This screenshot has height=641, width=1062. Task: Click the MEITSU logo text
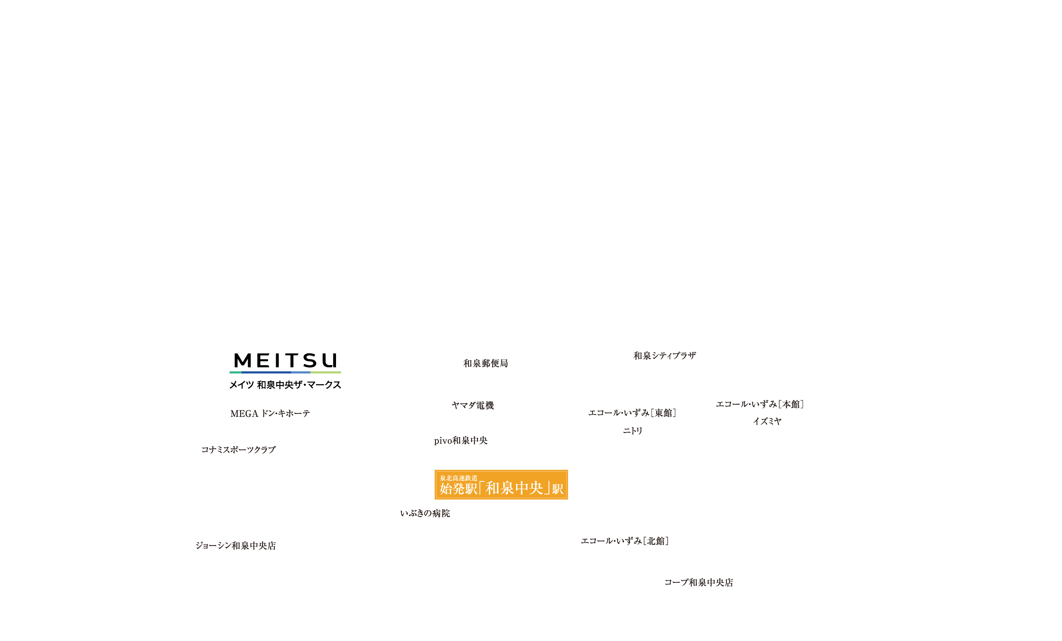pyautogui.click(x=285, y=360)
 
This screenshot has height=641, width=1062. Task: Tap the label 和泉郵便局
pyautogui.click(x=486, y=363)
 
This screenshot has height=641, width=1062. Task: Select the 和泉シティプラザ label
pyautogui.click(x=665, y=355)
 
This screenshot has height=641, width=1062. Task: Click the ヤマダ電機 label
pyautogui.click(x=472, y=405)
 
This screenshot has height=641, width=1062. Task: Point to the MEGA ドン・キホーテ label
pyautogui.click(x=270, y=413)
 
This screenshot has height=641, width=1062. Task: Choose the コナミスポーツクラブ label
pyautogui.click(x=238, y=450)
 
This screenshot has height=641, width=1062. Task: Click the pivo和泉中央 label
pyautogui.click(x=461, y=440)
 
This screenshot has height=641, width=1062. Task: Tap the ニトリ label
pyautogui.click(x=632, y=431)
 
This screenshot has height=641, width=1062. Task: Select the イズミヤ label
pyautogui.click(x=767, y=421)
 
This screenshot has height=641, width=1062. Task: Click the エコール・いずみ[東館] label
pyautogui.click(x=632, y=413)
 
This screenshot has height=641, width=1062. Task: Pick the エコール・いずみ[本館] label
pyautogui.click(x=760, y=404)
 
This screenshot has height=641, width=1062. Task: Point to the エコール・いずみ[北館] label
pyautogui.click(x=624, y=541)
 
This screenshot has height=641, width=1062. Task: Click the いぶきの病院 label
pyautogui.click(x=424, y=513)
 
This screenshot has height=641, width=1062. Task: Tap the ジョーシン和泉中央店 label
pyautogui.click(x=235, y=545)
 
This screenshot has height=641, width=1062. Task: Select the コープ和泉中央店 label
pyautogui.click(x=700, y=582)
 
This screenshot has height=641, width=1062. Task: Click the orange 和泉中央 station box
pyautogui.click(x=501, y=485)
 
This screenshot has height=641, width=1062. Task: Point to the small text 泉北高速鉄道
pyautogui.click(x=458, y=478)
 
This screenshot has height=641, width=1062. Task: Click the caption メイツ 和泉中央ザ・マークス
pyautogui.click(x=285, y=385)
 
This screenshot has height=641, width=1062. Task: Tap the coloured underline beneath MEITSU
pyautogui.click(x=285, y=372)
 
